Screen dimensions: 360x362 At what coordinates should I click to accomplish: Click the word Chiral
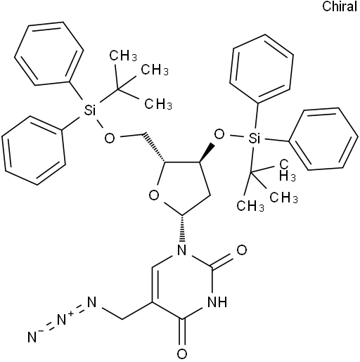(340, 6)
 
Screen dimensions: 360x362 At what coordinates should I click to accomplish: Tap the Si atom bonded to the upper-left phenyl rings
(89, 110)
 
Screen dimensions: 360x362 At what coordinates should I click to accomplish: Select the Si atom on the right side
(254, 138)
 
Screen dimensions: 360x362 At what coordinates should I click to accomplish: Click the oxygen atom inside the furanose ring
(154, 195)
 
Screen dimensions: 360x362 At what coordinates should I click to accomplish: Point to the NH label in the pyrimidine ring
(217, 302)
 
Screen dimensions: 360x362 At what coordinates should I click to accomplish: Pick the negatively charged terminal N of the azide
(33, 337)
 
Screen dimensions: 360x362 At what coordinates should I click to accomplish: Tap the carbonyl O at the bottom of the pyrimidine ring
(182, 354)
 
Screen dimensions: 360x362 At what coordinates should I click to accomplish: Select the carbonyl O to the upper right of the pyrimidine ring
(241, 250)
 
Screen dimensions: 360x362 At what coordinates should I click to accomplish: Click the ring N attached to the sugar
(182, 250)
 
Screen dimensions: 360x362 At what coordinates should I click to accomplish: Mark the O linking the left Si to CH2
(110, 138)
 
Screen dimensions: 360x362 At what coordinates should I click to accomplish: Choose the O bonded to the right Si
(219, 134)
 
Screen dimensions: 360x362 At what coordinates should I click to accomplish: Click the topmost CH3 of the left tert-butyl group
(123, 56)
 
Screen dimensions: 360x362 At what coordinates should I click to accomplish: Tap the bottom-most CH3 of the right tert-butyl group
(250, 206)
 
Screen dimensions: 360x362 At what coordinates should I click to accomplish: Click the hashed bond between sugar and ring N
(182, 228)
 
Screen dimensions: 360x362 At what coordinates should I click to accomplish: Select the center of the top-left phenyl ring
(49, 53)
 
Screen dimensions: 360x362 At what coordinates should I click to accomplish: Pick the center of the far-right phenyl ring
(323, 138)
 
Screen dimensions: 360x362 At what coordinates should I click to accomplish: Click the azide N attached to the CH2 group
(92, 302)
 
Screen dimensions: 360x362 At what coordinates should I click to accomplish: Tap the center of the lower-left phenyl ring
(34, 150)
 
